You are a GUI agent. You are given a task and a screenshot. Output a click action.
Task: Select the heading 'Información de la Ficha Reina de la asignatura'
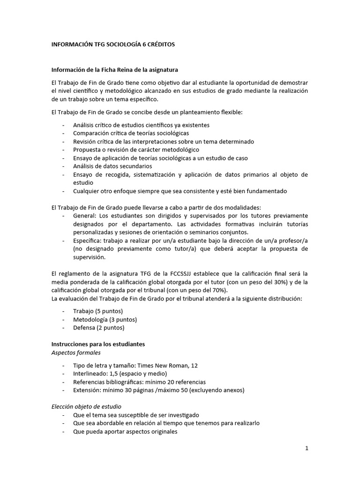[x=114, y=70]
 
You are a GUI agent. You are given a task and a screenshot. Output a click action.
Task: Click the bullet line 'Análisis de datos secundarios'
[x=112, y=166]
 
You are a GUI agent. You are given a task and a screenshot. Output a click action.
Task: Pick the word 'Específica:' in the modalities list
[x=88, y=240]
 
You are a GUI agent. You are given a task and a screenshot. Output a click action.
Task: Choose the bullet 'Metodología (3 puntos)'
[x=105, y=319]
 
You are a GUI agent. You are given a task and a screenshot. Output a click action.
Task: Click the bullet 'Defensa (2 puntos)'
[x=99, y=327]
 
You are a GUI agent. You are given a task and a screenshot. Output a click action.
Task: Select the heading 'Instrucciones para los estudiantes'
[x=98, y=344]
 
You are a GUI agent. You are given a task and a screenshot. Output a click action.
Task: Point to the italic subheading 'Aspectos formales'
[x=76, y=352]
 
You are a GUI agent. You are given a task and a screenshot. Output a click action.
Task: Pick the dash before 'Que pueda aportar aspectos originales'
[x=64, y=432]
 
